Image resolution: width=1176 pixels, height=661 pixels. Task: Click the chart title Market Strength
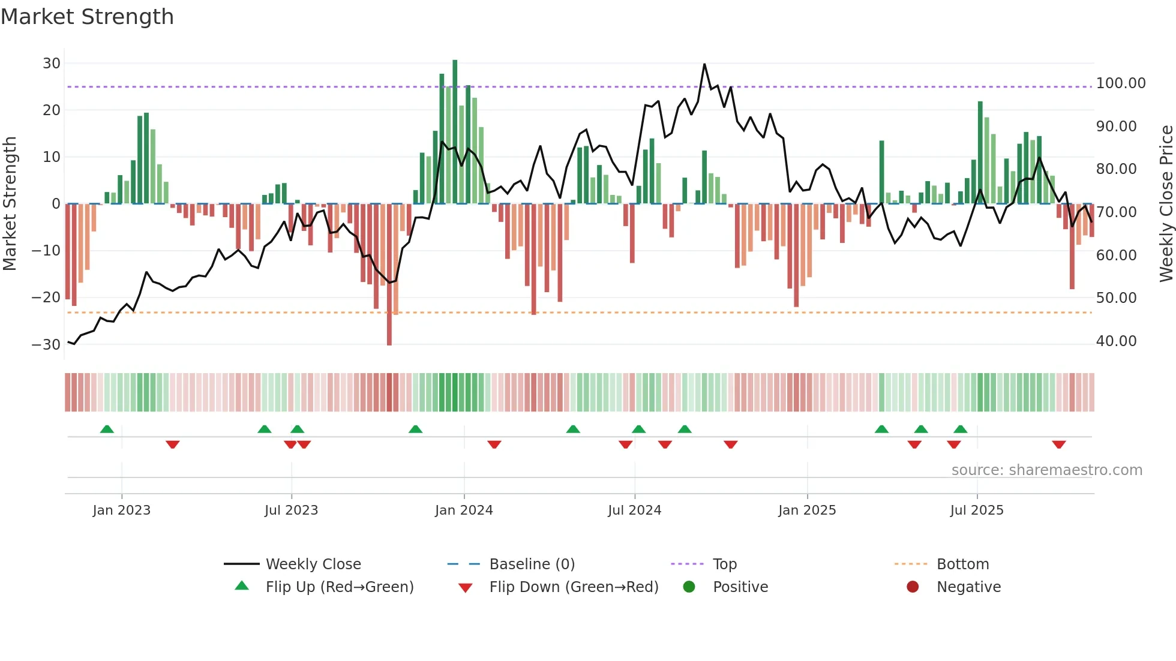[x=87, y=17]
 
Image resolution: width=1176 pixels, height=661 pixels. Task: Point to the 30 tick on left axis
[x=52, y=64]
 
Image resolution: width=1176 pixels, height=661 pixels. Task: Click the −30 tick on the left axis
[x=46, y=345]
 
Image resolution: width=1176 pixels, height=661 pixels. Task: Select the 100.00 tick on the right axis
[x=1120, y=83]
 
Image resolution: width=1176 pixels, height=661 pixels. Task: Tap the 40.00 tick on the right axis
[x=1116, y=341]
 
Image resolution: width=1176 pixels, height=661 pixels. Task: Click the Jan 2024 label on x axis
[x=464, y=510]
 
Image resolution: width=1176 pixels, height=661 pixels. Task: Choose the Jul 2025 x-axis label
[x=976, y=510]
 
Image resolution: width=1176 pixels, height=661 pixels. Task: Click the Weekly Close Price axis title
[x=1166, y=204]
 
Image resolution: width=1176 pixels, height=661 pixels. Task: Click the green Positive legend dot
[x=689, y=587]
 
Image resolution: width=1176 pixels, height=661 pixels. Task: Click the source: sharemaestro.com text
[x=1046, y=470]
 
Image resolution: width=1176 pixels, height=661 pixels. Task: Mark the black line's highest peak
[x=704, y=64]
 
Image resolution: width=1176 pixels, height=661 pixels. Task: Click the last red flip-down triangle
[x=1058, y=444]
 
